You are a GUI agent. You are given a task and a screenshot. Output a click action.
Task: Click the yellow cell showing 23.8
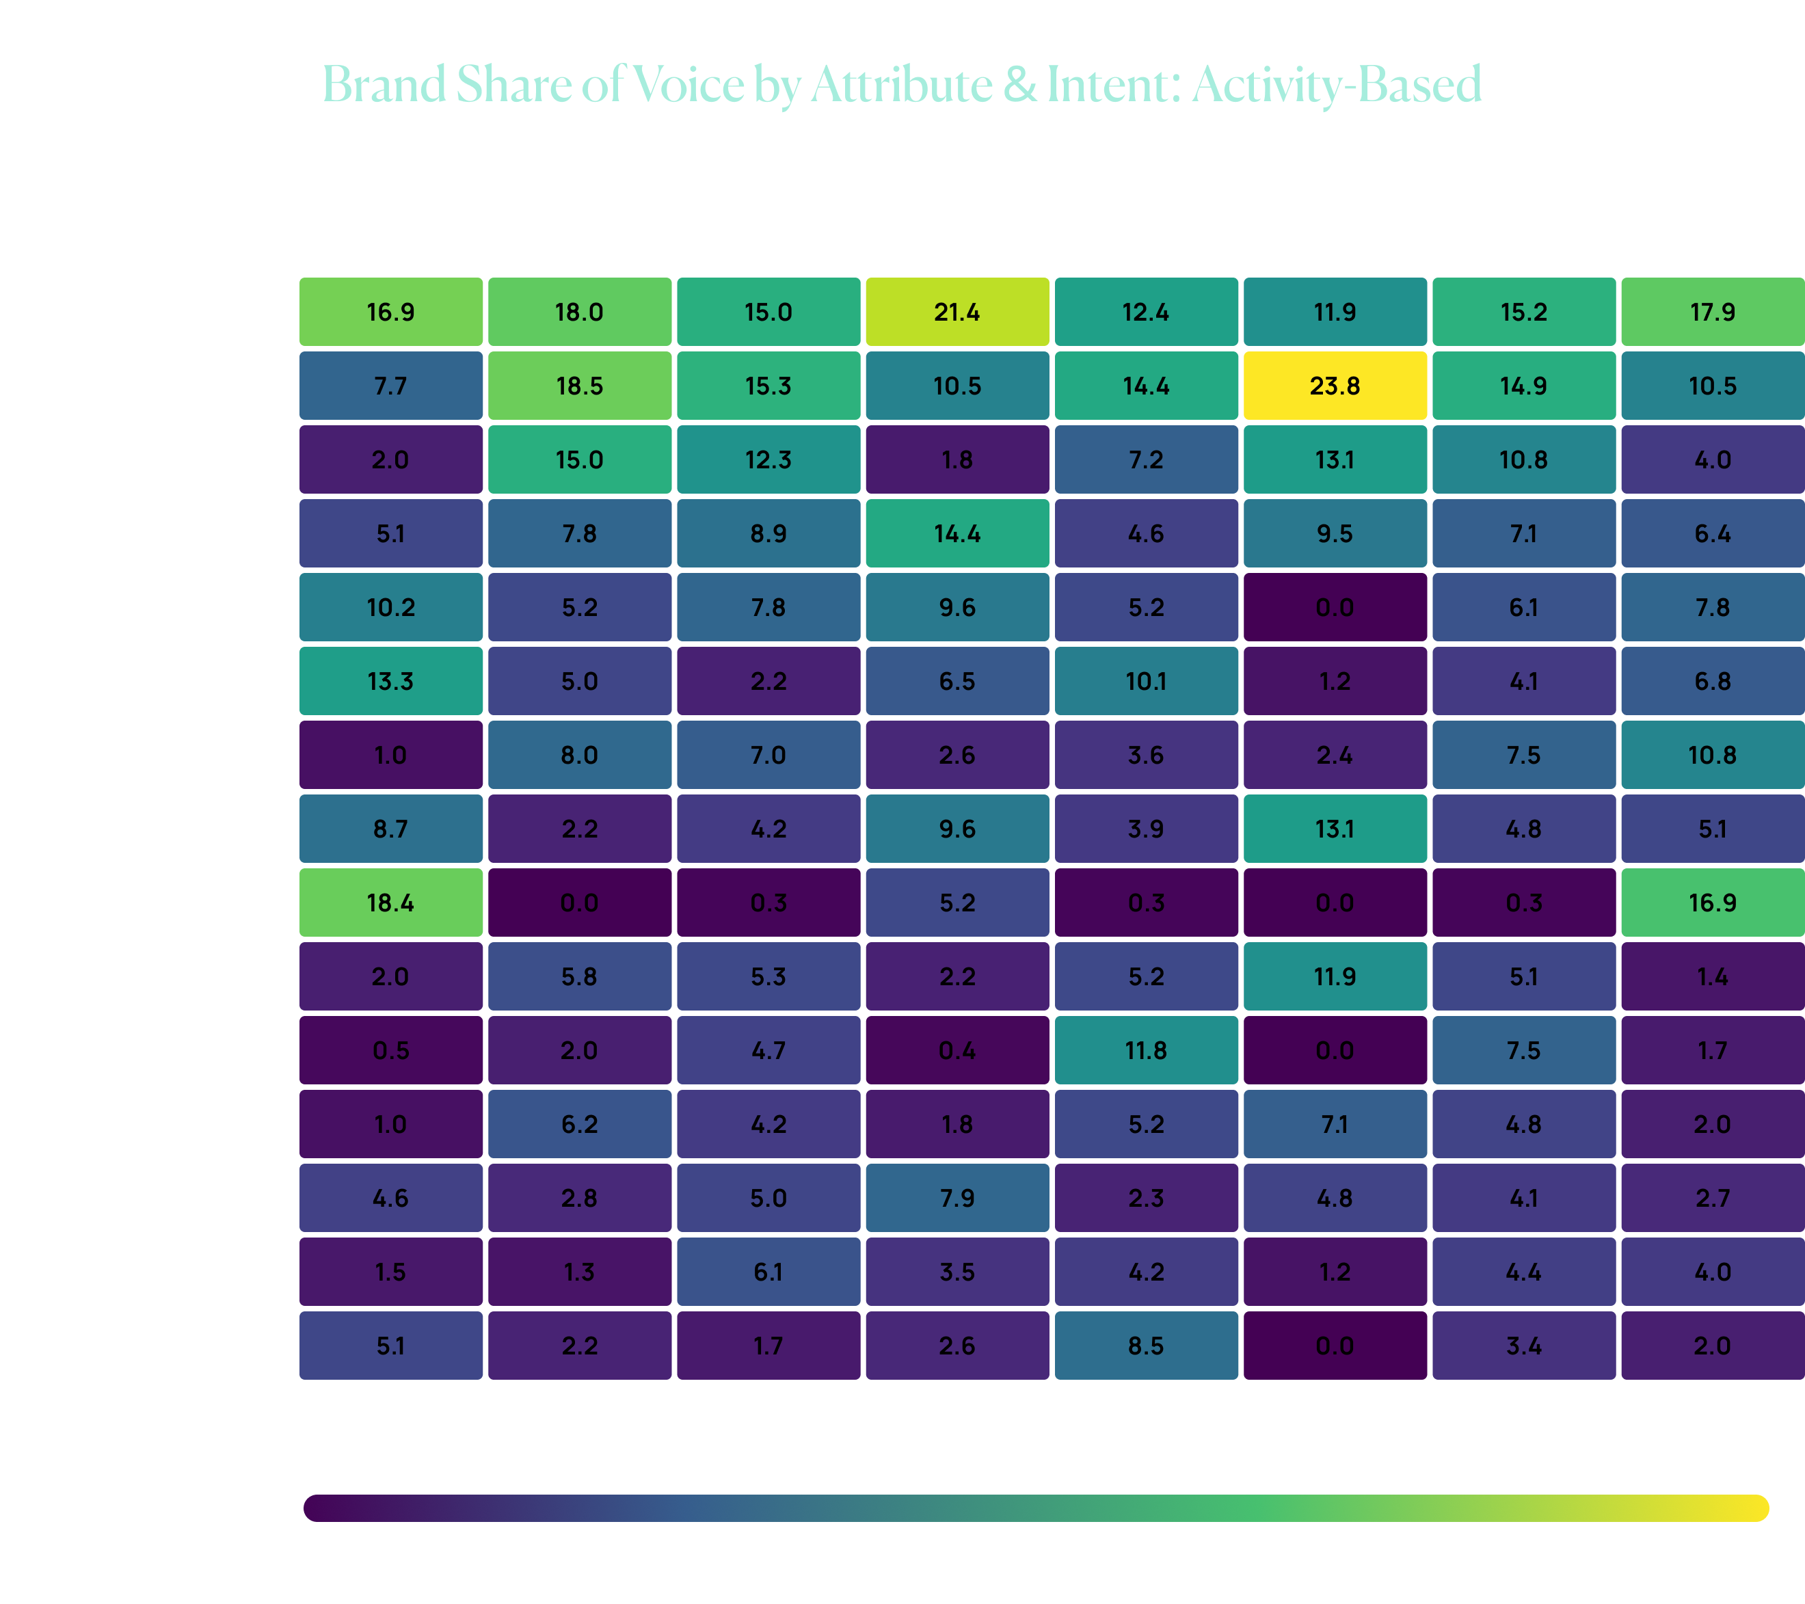(x=1335, y=386)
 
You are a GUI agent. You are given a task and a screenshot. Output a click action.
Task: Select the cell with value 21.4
(x=957, y=312)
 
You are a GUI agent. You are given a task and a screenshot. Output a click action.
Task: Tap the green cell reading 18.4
(x=390, y=903)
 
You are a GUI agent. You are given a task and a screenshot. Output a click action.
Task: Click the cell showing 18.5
(x=579, y=386)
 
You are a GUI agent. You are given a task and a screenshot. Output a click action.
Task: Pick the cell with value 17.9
(x=1711, y=312)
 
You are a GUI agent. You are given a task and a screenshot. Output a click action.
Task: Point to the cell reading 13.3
(x=390, y=681)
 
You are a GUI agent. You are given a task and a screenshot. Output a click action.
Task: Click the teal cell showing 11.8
(x=1145, y=1050)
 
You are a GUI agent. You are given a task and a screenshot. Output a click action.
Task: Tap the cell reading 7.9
(x=957, y=1198)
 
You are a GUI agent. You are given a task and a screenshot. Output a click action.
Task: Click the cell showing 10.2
(x=390, y=608)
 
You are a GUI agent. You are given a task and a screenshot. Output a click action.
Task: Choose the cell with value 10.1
(x=1145, y=681)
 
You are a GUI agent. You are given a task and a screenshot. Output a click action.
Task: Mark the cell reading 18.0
(x=579, y=312)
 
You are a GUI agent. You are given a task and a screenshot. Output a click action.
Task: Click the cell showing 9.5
(x=1335, y=533)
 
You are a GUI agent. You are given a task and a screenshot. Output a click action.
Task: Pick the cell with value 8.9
(x=768, y=533)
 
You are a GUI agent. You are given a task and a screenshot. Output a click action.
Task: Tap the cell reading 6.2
(x=579, y=1125)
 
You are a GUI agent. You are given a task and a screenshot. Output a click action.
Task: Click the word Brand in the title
(x=384, y=85)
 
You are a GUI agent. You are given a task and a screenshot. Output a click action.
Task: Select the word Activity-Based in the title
(x=1336, y=85)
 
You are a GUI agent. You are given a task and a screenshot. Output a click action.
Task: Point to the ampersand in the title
(x=1020, y=85)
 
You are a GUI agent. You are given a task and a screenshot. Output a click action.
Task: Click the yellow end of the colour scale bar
(x=1753, y=1508)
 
